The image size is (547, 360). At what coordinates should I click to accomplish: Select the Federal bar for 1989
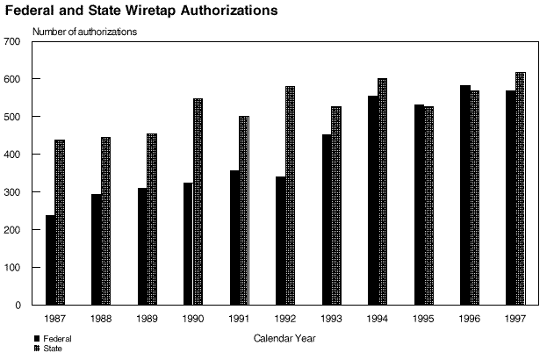[142, 247]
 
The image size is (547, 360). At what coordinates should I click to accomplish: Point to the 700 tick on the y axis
[11, 42]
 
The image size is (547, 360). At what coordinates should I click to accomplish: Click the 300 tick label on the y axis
[11, 192]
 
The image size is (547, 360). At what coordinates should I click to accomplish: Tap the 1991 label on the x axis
[239, 319]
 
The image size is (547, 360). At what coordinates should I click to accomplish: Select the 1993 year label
[331, 319]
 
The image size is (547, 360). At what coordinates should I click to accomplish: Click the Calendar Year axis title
[284, 338]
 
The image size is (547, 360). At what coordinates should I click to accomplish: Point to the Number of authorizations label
[84, 32]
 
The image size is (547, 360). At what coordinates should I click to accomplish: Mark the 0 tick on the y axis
[17, 306]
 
